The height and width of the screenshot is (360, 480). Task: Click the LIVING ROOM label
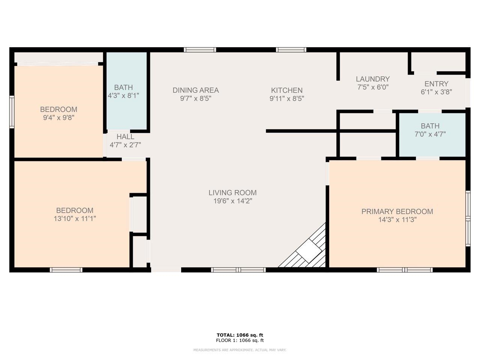click(x=232, y=193)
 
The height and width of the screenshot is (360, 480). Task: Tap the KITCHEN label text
click(x=287, y=90)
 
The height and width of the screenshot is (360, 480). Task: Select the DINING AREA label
click(x=196, y=90)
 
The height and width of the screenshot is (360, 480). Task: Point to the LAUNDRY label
click(x=373, y=79)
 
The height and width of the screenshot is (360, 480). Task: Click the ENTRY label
click(x=436, y=84)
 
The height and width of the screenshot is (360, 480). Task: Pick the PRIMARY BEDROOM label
click(x=397, y=211)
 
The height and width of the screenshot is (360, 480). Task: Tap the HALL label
click(x=125, y=136)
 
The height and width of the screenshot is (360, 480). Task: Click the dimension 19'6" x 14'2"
click(x=232, y=201)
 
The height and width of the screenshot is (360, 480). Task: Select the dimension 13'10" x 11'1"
click(x=75, y=218)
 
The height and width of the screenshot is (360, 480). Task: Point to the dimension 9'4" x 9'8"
click(x=58, y=118)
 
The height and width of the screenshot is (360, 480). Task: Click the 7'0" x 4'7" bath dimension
click(x=430, y=134)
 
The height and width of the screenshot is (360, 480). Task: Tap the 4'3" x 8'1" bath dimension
click(x=123, y=96)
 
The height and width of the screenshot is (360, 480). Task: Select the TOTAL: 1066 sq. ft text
click(x=240, y=335)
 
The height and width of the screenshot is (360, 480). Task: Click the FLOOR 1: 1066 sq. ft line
click(x=240, y=340)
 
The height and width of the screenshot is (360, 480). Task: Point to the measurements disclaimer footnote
click(x=240, y=350)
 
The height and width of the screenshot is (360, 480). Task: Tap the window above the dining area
click(x=200, y=50)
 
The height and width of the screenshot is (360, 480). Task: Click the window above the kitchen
click(x=291, y=50)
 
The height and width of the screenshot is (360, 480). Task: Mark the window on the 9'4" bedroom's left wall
click(x=12, y=112)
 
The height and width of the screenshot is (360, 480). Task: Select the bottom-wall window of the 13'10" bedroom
click(x=66, y=270)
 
